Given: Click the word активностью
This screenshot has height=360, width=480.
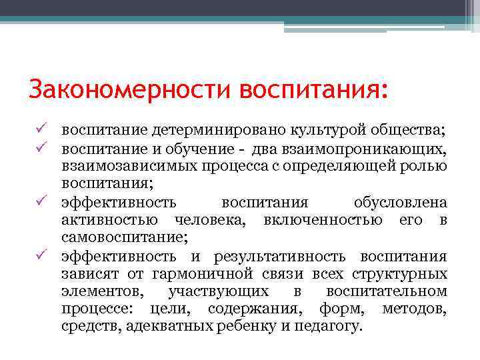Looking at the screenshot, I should (x=109, y=219).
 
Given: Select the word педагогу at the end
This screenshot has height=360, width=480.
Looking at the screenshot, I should (x=325, y=327).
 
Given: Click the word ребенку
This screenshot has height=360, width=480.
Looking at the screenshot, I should (x=250, y=327).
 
